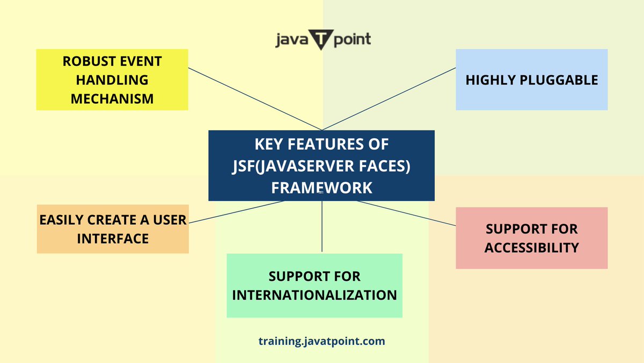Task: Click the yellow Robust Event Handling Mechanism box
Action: point(112,80)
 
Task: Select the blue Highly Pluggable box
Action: point(531,80)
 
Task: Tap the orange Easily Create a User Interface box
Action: point(113,229)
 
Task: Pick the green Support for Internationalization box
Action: point(314,286)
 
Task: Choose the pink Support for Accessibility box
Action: point(531,238)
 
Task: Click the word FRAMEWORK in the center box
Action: point(321,188)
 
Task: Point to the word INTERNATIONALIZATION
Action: point(314,295)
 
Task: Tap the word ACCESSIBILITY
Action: point(531,247)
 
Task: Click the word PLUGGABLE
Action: point(565,80)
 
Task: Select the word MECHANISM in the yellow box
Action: point(112,99)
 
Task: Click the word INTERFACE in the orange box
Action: point(113,238)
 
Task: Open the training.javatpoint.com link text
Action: point(321,341)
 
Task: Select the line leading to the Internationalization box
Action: point(322,226)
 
